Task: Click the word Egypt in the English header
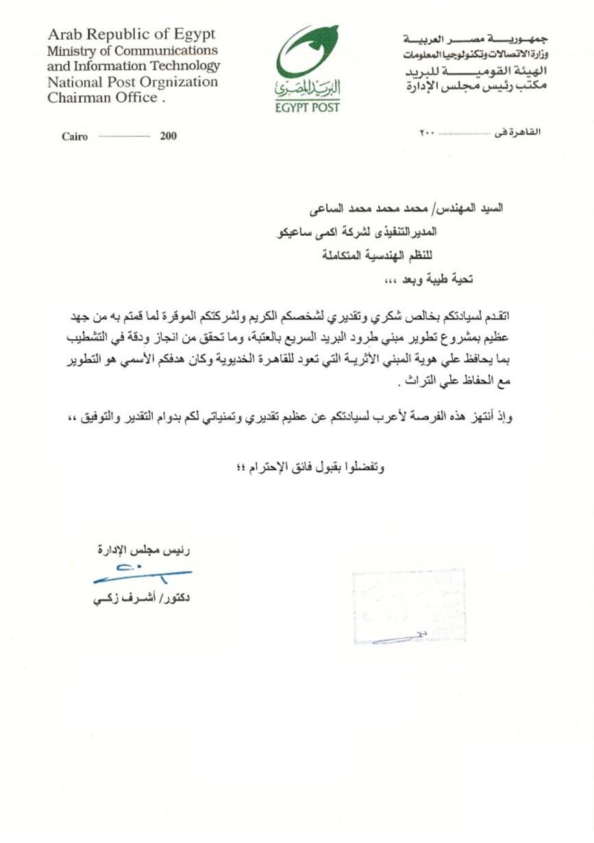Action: (194, 34)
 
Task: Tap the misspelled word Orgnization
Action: (180, 82)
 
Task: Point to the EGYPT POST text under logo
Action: (307, 108)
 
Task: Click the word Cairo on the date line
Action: (75, 136)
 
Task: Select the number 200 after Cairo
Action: (168, 136)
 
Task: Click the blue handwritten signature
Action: (140, 573)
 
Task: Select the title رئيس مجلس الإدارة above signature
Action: (143, 549)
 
